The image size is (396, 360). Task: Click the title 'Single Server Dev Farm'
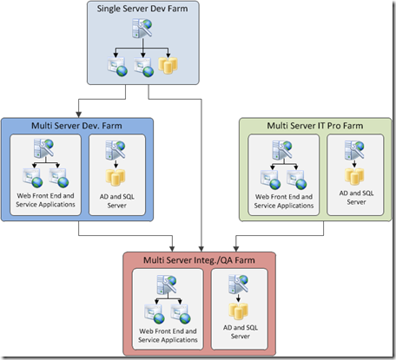(142, 9)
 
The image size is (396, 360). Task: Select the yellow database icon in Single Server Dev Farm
(168, 65)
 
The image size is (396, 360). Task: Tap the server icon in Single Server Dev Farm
(142, 28)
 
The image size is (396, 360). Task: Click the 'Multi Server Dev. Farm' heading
(76, 126)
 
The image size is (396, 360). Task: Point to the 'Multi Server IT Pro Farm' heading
(315, 126)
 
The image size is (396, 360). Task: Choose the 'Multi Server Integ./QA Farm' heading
(199, 260)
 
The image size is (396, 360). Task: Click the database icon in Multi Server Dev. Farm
(115, 177)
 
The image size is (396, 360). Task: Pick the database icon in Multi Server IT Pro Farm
(354, 176)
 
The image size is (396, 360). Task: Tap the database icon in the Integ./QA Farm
(239, 311)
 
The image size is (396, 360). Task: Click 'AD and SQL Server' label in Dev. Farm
(117, 201)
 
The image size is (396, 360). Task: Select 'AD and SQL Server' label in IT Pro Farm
(356, 198)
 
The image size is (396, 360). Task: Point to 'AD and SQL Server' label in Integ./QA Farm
(241, 332)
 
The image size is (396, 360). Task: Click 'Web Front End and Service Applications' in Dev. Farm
(45, 200)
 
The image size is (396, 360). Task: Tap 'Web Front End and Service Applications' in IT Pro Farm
(284, 201)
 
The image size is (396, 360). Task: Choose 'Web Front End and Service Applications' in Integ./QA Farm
(168, 336)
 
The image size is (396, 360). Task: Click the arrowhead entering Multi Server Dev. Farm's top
(78, 115)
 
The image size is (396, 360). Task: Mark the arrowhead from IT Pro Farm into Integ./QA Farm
(236, 249)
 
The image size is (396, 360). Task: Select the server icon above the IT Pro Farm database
(354, 150)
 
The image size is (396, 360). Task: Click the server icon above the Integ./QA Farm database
(238, 285)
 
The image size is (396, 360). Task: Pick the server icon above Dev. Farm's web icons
(43, 148)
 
